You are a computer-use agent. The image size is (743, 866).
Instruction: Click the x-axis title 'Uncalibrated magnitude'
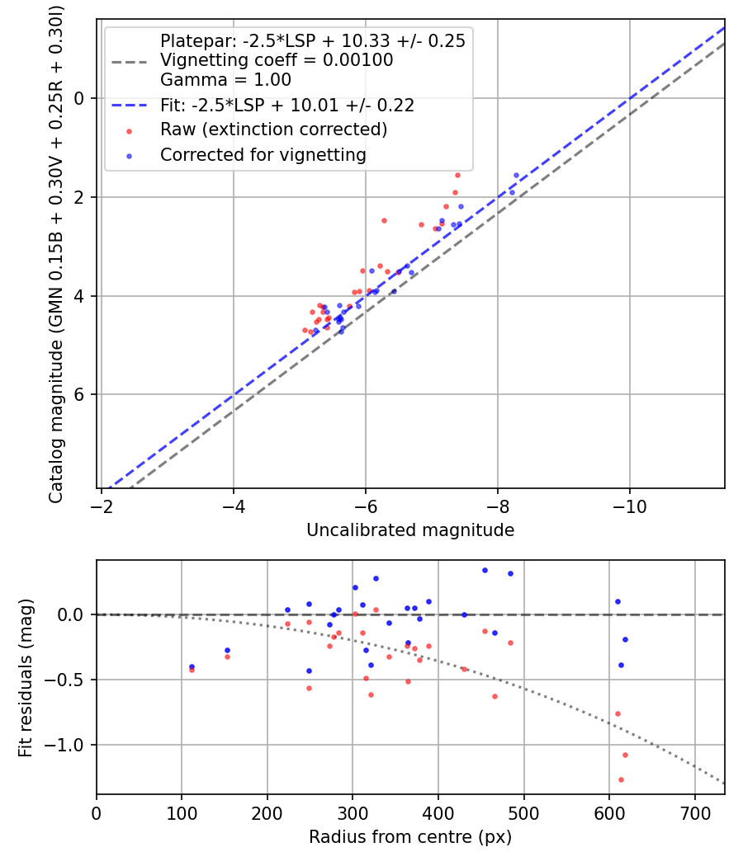(410, 530)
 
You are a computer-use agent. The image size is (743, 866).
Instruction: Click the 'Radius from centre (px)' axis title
(410, 837)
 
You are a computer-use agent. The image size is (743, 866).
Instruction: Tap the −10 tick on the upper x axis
(629, 503)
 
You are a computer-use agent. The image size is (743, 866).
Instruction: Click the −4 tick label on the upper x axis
(234, 503)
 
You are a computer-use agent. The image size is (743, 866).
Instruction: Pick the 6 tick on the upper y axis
(80, 394)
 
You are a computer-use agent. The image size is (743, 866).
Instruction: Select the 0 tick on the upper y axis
(80, 98)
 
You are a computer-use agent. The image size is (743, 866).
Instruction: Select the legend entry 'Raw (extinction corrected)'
(273, 129)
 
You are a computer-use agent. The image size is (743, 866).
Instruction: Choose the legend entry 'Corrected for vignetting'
(263, 154)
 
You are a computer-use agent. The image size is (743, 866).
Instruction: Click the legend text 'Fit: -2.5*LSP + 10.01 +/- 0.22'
(286, 106)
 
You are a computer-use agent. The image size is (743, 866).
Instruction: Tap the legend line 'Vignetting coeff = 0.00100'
(277, 60)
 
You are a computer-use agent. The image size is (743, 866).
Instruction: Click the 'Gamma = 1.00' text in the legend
(225, 80)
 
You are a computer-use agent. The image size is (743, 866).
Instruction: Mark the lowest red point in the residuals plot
(621, 779)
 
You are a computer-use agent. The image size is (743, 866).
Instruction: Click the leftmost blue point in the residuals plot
(192, 666)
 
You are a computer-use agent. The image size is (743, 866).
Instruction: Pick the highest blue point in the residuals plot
(485, 570)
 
